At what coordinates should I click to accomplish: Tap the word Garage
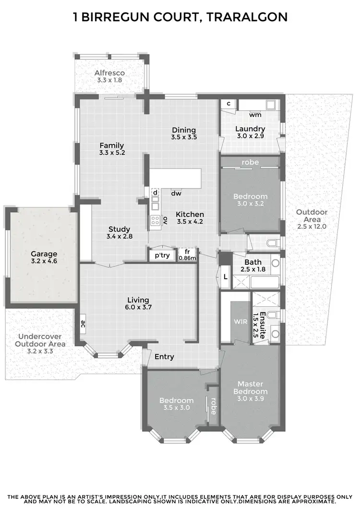tap(44, 254)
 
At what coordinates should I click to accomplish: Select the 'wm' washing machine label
tap(255, 115)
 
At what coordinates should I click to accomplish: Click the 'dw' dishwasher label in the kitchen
tap(176, 193)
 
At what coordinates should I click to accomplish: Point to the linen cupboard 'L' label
tap(225, 277)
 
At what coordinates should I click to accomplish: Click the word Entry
tap(164, 357)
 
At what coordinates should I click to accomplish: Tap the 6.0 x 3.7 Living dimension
tap(138, 308)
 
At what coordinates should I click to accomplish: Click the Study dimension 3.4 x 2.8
tap(120, 236)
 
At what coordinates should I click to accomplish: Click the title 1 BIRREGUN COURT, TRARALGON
tap(180, 18)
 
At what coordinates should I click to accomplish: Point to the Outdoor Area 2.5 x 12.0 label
tap(312, 219)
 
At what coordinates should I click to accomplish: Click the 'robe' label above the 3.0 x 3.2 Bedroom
tap(250, 163)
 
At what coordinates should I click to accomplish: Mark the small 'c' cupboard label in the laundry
tap(228, 104)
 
